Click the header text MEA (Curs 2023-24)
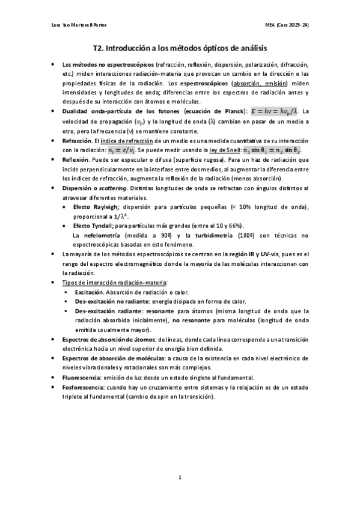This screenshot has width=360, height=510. click(x=291, y=25)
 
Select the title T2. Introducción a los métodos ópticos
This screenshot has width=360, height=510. click(x=180, y=47)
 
